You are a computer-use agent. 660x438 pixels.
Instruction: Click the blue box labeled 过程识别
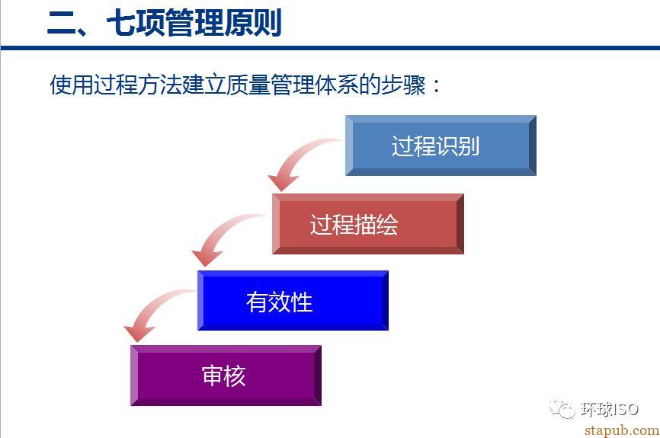[441, 145]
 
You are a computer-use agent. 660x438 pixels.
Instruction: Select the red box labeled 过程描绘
[368, 224]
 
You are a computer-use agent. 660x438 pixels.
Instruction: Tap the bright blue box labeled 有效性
[293, 300]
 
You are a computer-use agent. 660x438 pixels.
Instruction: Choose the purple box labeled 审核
[226, 376]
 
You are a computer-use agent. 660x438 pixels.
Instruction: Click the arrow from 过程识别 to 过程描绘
[295, 158]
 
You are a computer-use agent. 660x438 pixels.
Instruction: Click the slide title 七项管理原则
[194, 23]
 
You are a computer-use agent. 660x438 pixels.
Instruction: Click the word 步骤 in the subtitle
[403, 85]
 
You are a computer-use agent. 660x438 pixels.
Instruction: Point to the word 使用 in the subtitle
[72, 85]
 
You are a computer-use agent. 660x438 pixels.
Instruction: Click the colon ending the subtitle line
[436, 86]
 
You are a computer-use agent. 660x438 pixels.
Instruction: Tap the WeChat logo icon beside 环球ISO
[562, 408]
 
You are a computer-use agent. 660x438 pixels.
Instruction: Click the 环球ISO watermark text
[610, 409]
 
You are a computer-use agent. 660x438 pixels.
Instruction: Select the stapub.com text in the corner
[622, 430]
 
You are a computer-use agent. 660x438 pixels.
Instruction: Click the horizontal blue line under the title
[330, 48]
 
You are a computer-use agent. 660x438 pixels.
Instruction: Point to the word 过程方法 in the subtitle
[138, 85]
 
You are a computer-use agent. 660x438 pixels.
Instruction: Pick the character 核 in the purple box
[235, 376]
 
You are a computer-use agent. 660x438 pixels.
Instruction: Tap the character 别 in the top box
[469, 146]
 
